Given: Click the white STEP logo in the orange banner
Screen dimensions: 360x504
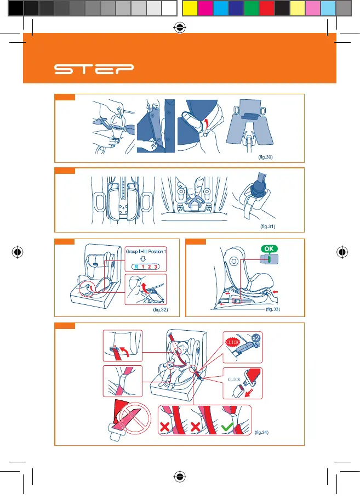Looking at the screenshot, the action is pos(94,69).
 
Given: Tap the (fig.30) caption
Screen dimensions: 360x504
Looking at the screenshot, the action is pos(265,157).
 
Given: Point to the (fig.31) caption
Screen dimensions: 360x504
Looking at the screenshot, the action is pos(267,226).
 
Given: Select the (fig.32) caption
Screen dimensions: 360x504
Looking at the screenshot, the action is pos(160,309).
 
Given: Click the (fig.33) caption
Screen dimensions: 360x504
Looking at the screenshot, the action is pos(273,309).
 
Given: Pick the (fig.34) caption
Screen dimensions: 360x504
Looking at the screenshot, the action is pos(261,432).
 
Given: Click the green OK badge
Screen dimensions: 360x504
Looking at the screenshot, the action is pos(269,249).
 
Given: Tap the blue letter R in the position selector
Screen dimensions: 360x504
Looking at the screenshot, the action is pos(136,267).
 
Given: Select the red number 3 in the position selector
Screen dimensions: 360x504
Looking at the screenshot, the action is pos(156,267).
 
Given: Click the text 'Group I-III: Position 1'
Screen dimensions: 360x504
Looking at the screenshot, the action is pos(146,251).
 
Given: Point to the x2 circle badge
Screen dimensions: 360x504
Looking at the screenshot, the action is pos(256,338).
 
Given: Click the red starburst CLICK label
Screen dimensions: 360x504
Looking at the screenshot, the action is pos(232,342).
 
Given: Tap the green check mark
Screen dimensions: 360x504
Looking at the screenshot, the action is pos(227,427).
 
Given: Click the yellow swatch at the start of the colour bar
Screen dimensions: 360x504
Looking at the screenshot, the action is pos(190,8).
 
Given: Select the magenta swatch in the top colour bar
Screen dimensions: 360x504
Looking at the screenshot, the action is pos(205,8).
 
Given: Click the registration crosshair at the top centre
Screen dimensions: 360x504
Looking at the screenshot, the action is pos(180,27).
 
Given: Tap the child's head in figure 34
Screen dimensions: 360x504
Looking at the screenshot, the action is pos(182,348).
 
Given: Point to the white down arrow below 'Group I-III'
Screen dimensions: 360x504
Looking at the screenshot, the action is pos(143,258).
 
